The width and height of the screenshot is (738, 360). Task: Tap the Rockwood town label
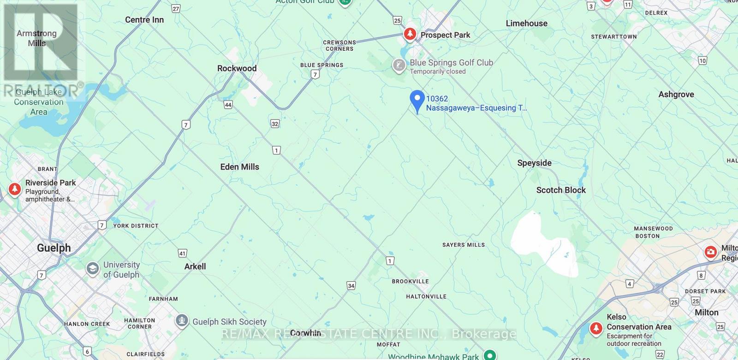click(237, 68)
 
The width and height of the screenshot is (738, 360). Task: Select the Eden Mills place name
click(239, 167)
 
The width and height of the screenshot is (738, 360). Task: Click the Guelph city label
click(54, 248)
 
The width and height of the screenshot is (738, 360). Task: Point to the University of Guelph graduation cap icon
click(93, 269)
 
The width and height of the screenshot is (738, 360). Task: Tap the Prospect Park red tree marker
click(410, 34)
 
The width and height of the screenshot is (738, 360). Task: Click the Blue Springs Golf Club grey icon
click(399, 65)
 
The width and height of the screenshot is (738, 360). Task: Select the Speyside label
click(534, 163)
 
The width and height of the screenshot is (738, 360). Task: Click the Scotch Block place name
click(561, 190)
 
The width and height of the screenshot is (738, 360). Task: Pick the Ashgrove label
click(676, 94)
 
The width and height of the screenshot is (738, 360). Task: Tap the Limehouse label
click(526, 24)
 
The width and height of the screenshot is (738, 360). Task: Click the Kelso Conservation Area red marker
click(596, 329)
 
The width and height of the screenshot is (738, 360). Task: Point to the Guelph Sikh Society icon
click(182, 321)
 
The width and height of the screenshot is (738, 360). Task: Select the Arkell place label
click(195, 266)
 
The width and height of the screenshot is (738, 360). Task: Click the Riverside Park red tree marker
click(15, 189)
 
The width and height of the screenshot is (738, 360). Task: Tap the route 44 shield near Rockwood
click(228, 105)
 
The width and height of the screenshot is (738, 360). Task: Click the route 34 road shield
click(351, 286)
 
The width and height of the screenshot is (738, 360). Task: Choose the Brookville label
click(410, 281)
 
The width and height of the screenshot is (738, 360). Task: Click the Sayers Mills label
click(464, 245)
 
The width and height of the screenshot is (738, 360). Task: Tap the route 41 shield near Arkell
click(183, 253)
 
